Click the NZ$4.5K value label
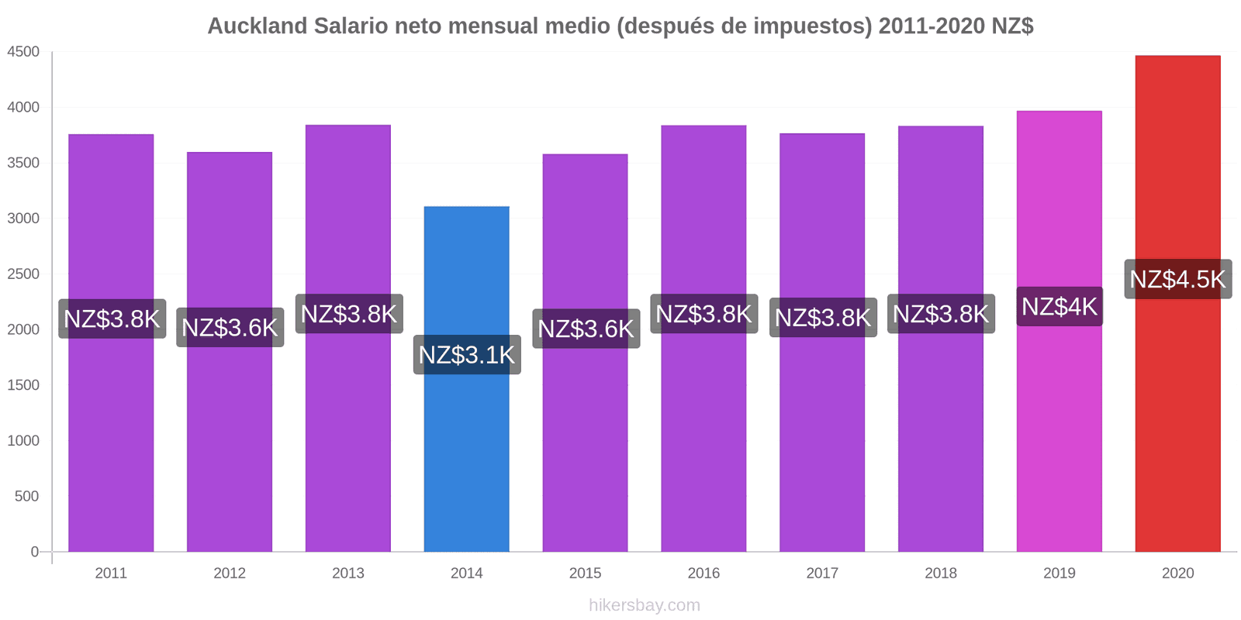click(1177, 279)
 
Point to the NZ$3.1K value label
click(466, 355)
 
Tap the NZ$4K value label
click(1059, 307)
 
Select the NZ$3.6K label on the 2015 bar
click(586, 329)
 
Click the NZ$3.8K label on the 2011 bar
click(112, 319)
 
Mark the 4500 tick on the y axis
click(23, 52)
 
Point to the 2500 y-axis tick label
click(23, 274)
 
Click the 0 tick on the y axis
click(34, 552)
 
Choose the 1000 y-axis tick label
click(23, 441)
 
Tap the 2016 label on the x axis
click(703, 573)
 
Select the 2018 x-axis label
click(940, 573)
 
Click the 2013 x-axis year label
click(348, 573)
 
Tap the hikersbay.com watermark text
click(644, 605)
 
